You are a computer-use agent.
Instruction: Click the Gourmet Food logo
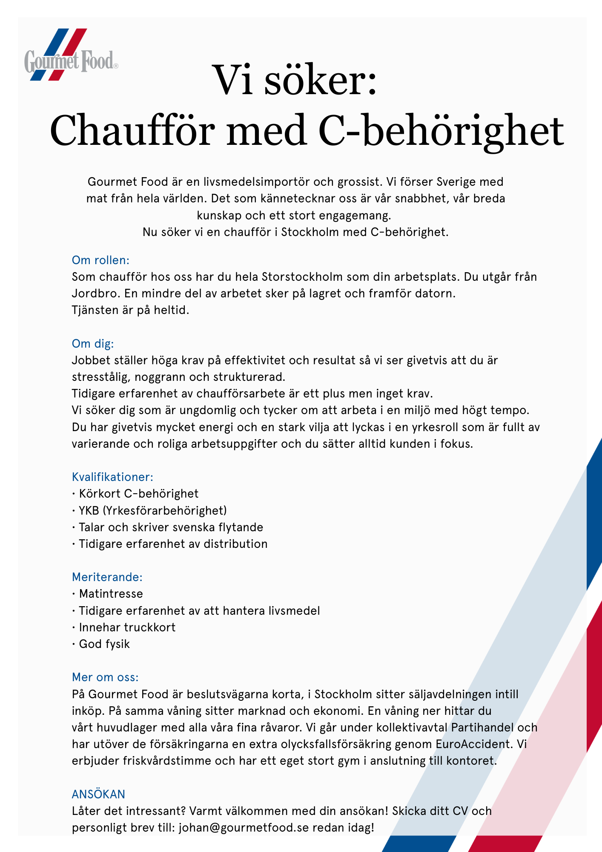pyautogui.click(x=71, y=56)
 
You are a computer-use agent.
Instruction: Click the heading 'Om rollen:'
pyautogui.click(x=100, y=260)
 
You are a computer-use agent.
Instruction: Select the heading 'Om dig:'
pyautogui.click(x=93, y=343)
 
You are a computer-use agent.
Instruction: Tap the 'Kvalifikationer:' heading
pyautogui.click(x=112, y=477)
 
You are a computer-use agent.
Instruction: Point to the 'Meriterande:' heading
pyautogui.click(x=107, y=577)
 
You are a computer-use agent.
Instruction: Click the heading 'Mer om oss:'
pyautogui.click(x=105, y=677)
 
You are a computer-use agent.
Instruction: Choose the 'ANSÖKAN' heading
pyautogui.click(x=98, y=794)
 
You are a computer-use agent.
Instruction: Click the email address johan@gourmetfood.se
pyautogui.click(x=244, y=827)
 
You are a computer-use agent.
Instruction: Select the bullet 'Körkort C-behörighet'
pyautogui.click(x=138, y=493)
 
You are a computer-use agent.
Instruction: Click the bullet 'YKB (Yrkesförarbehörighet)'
pyautogui.click(x=152, y=510)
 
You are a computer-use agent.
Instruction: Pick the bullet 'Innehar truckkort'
pyautogui.click(x=127, y=627)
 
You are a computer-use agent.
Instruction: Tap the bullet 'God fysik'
pyautogui.click(x=104, y=644)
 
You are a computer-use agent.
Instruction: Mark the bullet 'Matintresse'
pyautogui.click(x=111, y=593)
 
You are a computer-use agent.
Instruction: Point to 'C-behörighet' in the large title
pyautogui.click(x=441, y=130)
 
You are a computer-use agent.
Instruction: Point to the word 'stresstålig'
pyautogui.click(x=102, y=377)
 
